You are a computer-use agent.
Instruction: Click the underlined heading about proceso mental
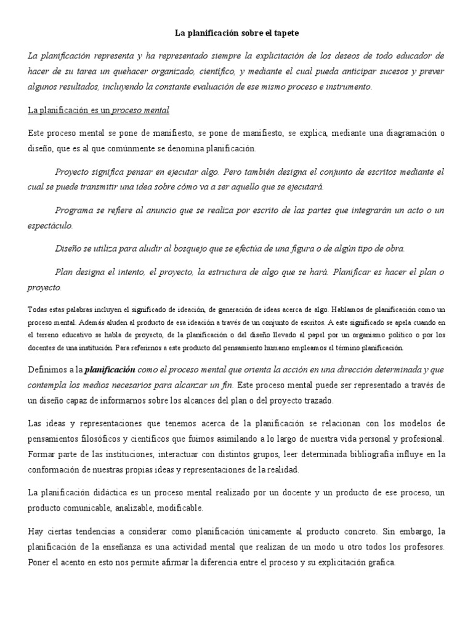pos(99,110)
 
